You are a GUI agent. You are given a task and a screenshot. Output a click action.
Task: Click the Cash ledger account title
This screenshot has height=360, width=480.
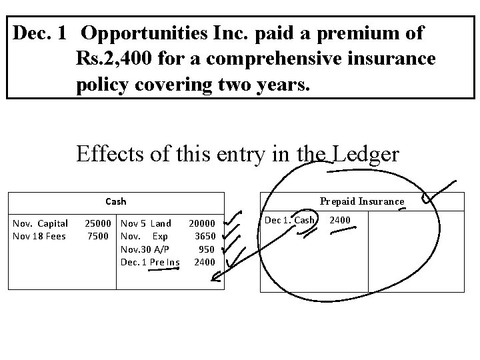pos(115,201)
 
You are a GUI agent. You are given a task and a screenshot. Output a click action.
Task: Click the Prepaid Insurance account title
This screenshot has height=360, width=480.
pos(361,201)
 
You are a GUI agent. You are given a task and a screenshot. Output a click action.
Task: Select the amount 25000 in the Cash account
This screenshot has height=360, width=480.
pos(98,223)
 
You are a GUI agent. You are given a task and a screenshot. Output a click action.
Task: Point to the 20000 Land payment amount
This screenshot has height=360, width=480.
pos(201,223)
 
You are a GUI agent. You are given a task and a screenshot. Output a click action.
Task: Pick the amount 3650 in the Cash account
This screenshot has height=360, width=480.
pos(204,236)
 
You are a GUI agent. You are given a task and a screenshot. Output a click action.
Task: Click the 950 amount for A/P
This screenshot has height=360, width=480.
pos(207,249)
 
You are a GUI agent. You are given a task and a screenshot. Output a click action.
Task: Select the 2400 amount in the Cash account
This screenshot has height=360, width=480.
pos(204,261)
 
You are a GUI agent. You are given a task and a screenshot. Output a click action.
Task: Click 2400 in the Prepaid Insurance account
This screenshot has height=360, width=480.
pos(340,220)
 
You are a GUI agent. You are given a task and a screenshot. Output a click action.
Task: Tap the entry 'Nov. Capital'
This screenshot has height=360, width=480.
pos(41,223)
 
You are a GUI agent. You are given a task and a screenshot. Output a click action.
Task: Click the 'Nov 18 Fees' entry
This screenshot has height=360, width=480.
pos(39,236)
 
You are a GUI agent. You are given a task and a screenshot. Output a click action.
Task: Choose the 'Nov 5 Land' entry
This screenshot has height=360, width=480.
pos(145,223)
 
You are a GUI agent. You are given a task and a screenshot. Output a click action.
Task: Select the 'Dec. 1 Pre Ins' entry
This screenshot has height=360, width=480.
pos(150,261)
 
